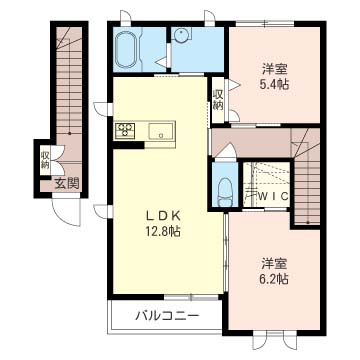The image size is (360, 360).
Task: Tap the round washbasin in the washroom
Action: (x=182, y=34)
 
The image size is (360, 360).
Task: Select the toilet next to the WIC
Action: (x=224, y=192)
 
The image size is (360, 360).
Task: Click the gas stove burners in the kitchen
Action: (x=125, y=129)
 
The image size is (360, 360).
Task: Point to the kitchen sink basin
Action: (x=161, y=130)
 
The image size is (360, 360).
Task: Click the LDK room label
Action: (x=163, y=216)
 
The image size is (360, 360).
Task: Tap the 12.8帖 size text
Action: (x=163, y=231)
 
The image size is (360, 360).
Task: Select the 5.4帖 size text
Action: (x=274, y=84)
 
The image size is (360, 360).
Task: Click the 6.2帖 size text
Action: (x=274, y=278)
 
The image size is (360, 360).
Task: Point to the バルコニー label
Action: (x=167, y=315)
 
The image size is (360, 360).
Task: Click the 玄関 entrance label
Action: (x=67, y=184)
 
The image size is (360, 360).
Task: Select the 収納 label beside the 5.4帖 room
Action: (x=218, y=99)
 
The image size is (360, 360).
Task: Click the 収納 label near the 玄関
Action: (x=45, y=160)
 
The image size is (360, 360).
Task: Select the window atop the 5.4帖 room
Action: (x=265, y=23)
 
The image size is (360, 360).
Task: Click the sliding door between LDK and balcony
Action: (x=192, y=297)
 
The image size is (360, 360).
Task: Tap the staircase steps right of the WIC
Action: (x=307, y=190)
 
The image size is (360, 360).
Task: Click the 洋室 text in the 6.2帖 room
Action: (x=274, y=264)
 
